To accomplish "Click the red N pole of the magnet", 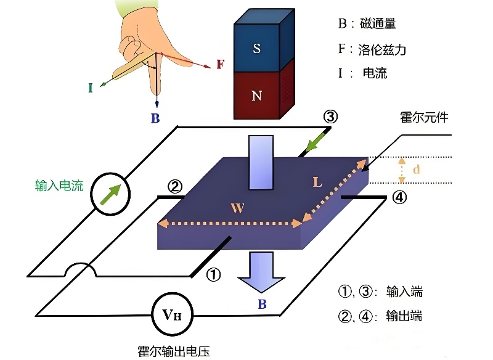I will (x=257, y=96).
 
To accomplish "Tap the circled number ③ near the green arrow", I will (x=331, y=116).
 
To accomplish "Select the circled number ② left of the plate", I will (x=174, y=186).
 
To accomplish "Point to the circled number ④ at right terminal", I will (x=399, y=198).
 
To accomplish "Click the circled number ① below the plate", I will (x=213, y=275).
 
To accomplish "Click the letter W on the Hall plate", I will (x=237, y=208).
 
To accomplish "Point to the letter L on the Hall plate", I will (x=317, y=182).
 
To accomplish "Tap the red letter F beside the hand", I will (x=220, y=64).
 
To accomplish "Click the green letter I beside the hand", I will (x=90, y=88).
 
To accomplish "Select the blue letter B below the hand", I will (x=155, y=118).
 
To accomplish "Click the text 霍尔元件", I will (x=425, y=118).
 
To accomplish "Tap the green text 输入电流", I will (x=59, y=185).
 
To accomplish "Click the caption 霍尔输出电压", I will (x=174, y=351).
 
